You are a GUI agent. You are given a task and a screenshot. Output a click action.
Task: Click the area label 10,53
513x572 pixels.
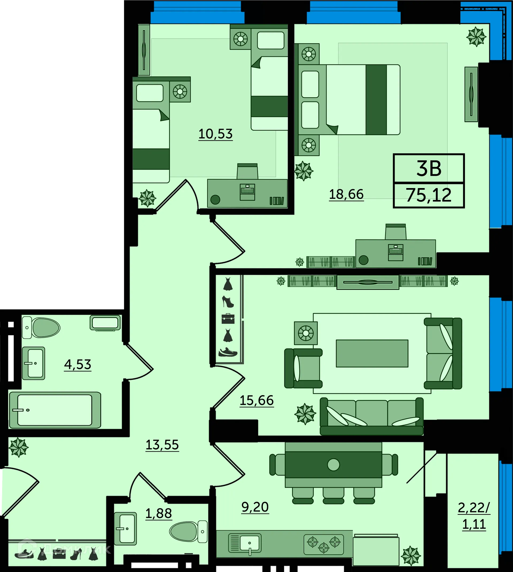[216, 134]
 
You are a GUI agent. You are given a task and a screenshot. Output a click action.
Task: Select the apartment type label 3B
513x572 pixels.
[429, 169]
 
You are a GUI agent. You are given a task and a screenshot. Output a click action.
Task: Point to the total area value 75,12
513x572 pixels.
[429, 195]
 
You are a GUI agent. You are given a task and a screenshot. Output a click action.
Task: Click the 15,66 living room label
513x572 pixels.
[256, 400]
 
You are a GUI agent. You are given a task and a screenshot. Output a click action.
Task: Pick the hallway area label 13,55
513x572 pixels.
[162, 445]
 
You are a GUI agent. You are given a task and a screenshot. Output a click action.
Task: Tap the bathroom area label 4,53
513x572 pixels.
[77, 365]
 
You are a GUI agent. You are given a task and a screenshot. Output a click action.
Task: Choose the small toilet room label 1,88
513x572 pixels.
[158, 513]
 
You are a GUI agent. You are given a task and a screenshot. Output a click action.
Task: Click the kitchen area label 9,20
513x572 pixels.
[255, 507]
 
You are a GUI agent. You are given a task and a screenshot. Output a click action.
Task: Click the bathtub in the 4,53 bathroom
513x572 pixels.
[55, 410]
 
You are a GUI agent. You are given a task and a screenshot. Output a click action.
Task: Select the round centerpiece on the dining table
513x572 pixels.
[333, 465]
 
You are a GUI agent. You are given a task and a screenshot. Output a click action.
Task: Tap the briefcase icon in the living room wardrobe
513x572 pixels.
[228, 319]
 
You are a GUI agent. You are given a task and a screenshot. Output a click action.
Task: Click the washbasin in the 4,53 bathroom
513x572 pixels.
[34, 363]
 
